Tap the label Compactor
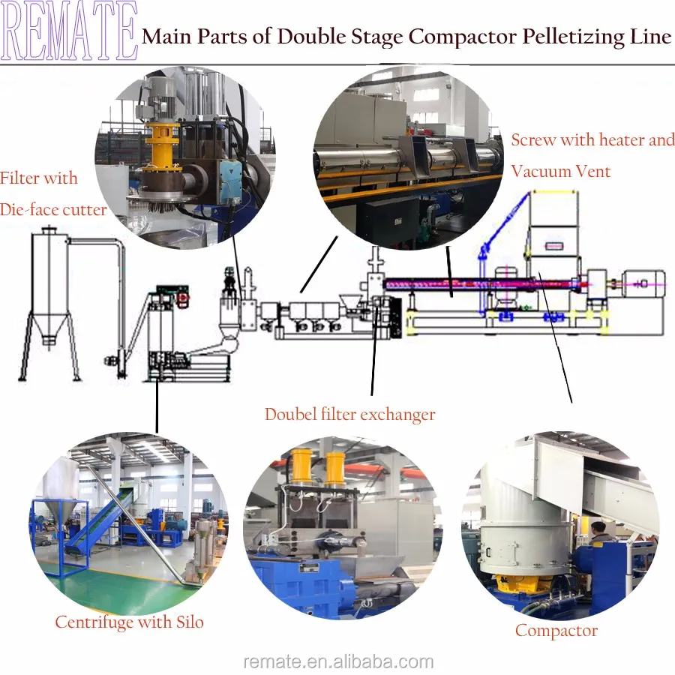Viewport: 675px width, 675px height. click(556, 631)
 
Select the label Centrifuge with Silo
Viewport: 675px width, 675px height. click(129, 622)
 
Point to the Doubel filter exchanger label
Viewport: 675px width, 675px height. click(349, 414)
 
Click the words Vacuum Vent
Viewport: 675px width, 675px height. click(560, 171)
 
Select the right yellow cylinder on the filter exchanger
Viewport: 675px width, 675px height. click(335, 467)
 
